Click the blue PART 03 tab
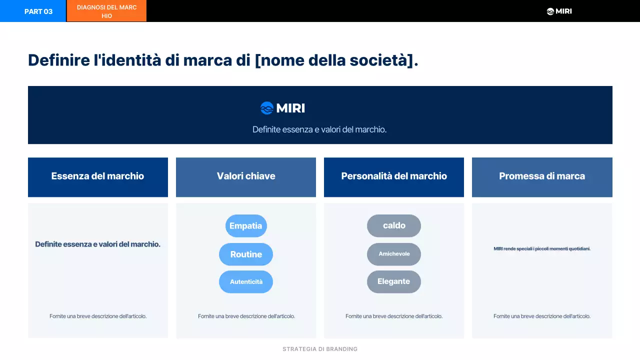33,11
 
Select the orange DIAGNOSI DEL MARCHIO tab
106,11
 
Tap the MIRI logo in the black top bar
559,11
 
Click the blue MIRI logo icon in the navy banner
267,108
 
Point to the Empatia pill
246,226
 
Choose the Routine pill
246,254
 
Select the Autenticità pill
246,282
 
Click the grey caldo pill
394,226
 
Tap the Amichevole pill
394,254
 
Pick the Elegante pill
394,282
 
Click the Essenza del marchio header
98,176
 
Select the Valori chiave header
246,176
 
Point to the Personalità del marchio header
394,176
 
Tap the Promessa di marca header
542,176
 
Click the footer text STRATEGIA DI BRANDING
320,349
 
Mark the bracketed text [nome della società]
336,60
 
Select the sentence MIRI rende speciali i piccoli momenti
542,248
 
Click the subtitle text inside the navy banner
319,129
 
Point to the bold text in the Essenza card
98,244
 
